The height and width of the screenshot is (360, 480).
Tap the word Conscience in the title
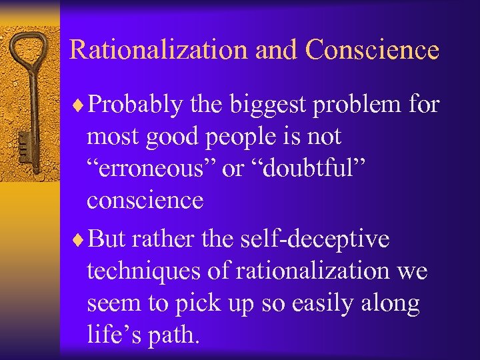coord(373,51)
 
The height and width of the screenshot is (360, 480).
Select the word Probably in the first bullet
coord(135,105)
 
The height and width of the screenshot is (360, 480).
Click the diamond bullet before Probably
coord(80,105)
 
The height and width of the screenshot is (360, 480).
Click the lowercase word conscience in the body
coord(145,201)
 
